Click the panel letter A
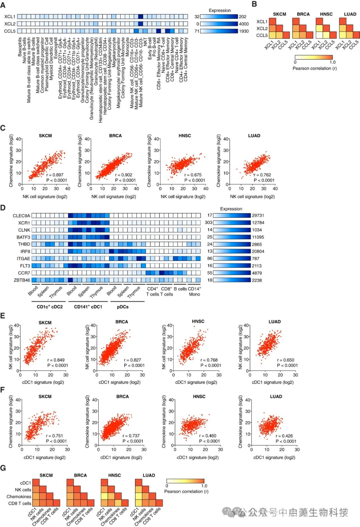pyautogui.click(x=3, y=5)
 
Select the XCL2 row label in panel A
pyautogui.click(x=10, y=24)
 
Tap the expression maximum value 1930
pyautogui.click(x=244, y=31)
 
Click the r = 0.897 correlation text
pyautogui.click(x=55, y=175)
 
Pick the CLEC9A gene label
pyautogui.click(x=21, y=216)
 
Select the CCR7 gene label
pyautogui.click(x=24, y=273)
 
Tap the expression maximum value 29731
pyautogui.click(x=258, y=216)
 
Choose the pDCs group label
pyautogui.click(x=123, y=307)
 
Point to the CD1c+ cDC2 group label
pyautogui.click(x=50, y=307)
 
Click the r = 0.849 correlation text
pyautogui.click(x=56, y=360)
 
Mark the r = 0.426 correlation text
pyautogui.click(x=284, y=436)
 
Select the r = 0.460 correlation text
pyautogui.click(x=208, y=436)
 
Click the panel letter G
pyautogui.click(x=3, y=468)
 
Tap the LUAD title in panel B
pyautogui.click(x=350, y=14)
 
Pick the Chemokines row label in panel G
pyautogui.click(x=19, y=497)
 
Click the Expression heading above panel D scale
pyautogui.click(x=231, y=209)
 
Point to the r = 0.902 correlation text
pyautogui.click(x=124, y=175)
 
